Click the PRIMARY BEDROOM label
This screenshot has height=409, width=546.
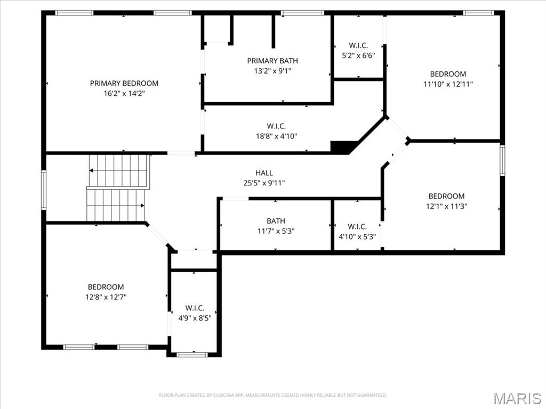124,83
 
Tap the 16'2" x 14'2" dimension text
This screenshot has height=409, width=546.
124,93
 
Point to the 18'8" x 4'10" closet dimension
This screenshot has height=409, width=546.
276,136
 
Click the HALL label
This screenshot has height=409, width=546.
264,173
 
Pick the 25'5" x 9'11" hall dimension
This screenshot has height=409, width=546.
264,183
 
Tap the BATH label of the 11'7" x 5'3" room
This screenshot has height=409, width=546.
276,221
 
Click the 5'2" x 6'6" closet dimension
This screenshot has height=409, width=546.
358,55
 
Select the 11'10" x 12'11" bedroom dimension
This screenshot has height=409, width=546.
448,84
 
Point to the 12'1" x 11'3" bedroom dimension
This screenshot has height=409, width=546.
446,206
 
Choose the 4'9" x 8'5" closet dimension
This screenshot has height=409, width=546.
195,318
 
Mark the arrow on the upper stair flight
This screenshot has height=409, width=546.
92,170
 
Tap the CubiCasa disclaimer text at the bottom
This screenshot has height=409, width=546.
272,395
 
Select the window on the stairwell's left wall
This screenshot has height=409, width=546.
44,190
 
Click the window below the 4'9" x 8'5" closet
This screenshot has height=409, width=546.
192,354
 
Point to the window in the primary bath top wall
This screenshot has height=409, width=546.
302,13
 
